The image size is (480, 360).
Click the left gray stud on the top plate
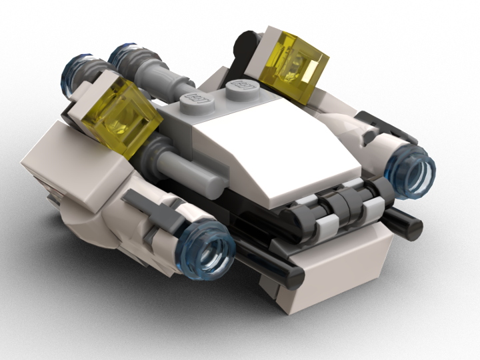tap(197, 97)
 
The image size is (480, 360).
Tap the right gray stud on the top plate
tap(241, 86)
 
